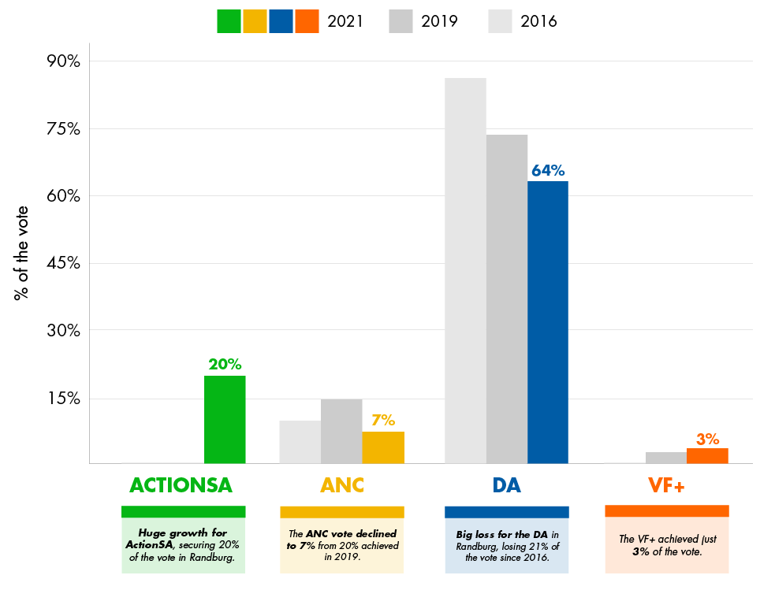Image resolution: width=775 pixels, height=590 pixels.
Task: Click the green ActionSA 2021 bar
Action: tap(225, 419)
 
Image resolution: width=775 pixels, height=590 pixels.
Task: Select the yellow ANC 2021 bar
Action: tap(383, 447)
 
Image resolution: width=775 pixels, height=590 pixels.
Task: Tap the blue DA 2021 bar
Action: tap(548, 322)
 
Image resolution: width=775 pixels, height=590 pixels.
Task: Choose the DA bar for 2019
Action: tap(507, 299)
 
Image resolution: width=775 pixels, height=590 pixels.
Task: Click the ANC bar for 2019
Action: tap(341, 431)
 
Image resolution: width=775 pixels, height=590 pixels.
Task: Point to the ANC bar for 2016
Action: tap(300, 442)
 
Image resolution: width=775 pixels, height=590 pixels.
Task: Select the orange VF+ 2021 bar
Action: tap(707, 455)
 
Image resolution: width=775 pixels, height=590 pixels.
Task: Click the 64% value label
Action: tap(548, 170)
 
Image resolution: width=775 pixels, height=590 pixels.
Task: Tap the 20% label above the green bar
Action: tap(225, 365)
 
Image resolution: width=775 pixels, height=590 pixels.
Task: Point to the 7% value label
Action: tap(383, 420)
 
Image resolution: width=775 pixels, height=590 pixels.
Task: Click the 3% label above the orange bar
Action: tap(707, 438)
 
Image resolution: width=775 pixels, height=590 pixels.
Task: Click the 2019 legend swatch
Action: tap(401, 21)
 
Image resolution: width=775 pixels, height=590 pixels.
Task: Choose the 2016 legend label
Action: tap(538, 21)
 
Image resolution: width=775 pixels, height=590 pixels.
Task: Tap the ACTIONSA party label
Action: tap(181, 485)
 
